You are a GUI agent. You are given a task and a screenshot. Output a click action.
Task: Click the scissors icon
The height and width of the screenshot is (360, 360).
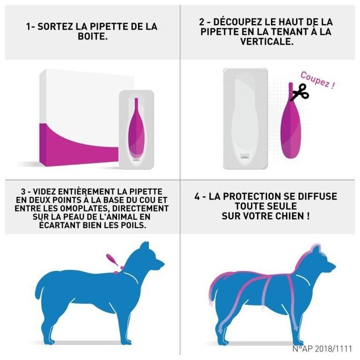pos(300,92)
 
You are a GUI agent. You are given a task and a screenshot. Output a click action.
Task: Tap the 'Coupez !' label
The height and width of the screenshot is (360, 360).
pos(317,79)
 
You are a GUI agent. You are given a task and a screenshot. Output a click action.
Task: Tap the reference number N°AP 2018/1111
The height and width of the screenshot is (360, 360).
pos(322,348)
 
